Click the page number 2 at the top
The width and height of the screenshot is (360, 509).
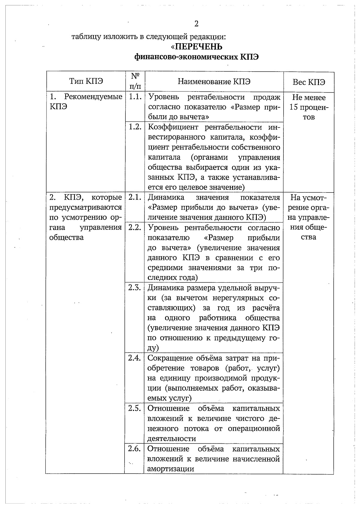point(196,24)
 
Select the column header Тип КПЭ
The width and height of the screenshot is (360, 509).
point(86,81)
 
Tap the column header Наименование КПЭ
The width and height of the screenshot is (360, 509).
point(214,82)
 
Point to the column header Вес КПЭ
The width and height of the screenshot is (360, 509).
point(309,82)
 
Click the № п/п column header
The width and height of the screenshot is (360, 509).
point(135,81)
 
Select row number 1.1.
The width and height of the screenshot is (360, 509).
point(135,97)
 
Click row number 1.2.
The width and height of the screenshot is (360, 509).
point(135,127)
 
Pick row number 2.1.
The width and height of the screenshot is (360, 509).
point(135,197)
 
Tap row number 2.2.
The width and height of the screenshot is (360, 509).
point(135,227)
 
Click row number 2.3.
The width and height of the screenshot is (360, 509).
point(135,287)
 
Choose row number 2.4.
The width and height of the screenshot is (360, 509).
point(135,358)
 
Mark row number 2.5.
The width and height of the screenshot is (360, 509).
point(135,408)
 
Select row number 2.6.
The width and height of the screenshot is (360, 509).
point(134,449)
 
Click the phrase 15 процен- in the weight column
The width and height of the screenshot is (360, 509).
point(309,107)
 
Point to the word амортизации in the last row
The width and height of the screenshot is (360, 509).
point(171,469)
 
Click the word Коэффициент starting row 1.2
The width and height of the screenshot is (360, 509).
point(173,127)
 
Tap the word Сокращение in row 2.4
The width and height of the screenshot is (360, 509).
point(170,358)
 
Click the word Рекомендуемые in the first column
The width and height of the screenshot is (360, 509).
point(93,97)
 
